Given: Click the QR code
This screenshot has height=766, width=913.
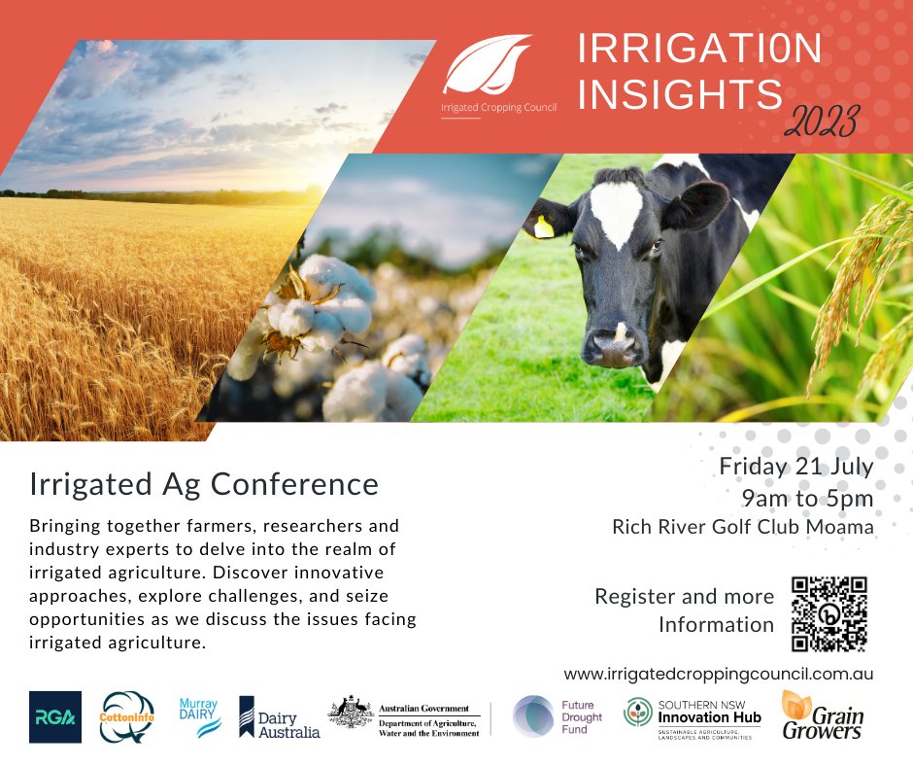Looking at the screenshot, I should click(x=828, y=614).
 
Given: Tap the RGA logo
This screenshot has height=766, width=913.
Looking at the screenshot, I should click(x=55, y=717).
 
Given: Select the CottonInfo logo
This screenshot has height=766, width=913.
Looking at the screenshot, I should click(x=127, y=717).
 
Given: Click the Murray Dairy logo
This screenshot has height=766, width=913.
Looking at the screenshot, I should click(x=200, y=716).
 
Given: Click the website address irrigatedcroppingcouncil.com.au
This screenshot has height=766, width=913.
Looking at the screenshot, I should click(x=719, y=673).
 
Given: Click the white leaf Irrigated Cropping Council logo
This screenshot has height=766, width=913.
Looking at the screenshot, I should click(x=488, y=64).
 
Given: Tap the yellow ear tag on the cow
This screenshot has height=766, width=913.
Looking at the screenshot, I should click(x=544, y=226).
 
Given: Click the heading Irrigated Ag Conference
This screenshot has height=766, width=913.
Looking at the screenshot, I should click(x=204, y=482).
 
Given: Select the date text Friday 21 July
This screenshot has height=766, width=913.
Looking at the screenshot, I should click(x=795, y=466).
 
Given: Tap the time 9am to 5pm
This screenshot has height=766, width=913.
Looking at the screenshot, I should click(x=807, y=498).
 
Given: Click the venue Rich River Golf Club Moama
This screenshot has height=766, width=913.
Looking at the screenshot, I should click(x=742, y=527).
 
